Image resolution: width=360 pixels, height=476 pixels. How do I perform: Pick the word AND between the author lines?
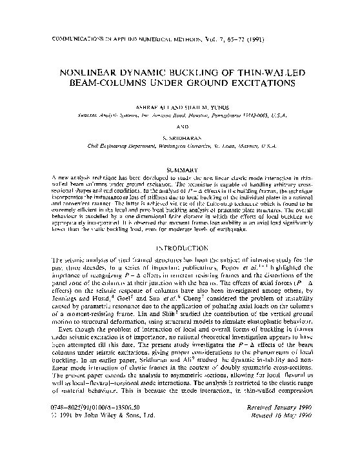tap(180, 128)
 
